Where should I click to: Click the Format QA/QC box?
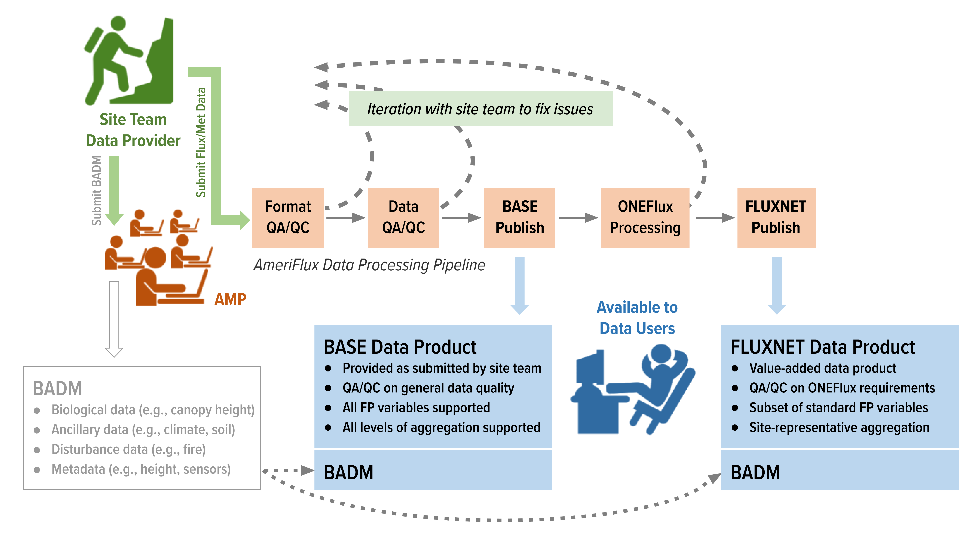click(x=288, y=217)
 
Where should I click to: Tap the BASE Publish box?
click(x=519, y=217)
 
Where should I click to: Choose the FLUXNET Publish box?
click(x=776, y=217)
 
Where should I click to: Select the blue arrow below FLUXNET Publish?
click(x=777, y=286)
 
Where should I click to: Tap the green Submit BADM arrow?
click(x=114, y=190)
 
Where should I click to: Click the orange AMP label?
click(x=230, y=299)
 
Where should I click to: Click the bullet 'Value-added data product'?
click(x=822, y=368)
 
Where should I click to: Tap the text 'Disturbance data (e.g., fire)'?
click(x=129, y=449)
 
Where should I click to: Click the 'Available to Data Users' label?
click(x=637, y=318)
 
